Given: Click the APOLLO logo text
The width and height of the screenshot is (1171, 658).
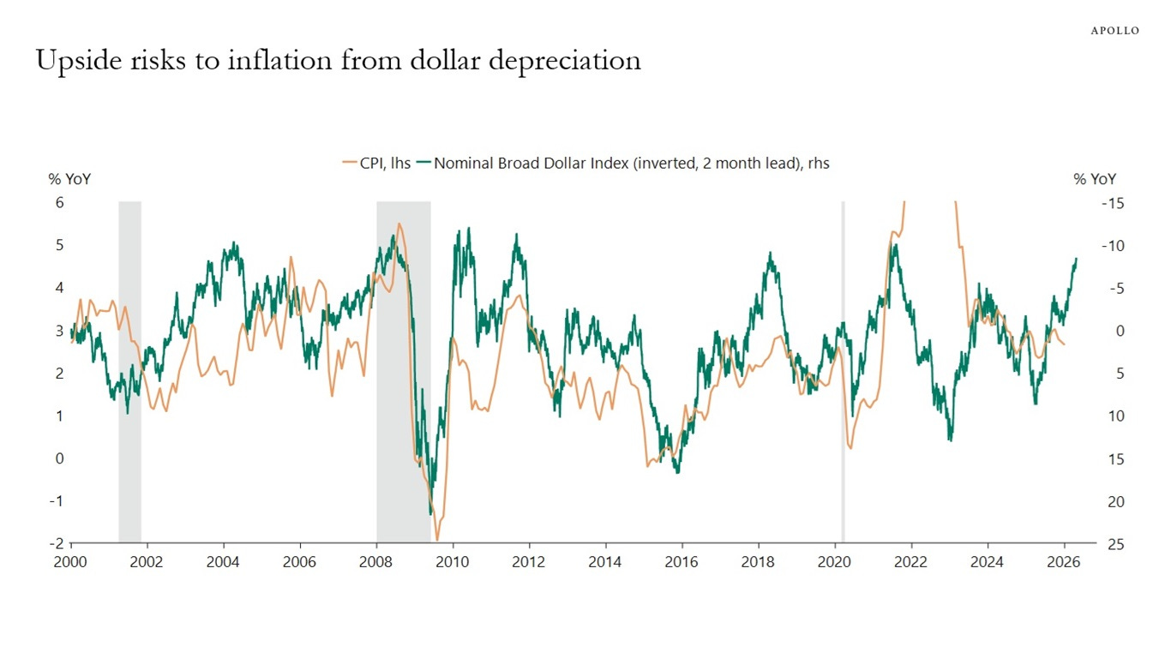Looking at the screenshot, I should point(1114,30).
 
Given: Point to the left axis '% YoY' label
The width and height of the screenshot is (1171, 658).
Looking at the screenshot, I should point(69,179).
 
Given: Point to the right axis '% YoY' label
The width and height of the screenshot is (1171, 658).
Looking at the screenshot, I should point(1095,179).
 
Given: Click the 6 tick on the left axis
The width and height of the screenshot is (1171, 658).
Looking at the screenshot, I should point(59,203).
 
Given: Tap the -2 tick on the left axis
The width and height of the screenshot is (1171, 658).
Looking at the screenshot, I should point(57,544).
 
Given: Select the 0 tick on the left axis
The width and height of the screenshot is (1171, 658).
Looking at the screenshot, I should point(59,458).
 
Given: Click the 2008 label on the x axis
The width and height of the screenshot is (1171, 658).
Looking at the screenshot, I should point(375,563).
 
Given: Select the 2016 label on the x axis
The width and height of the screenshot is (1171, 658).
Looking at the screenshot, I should point(682,563).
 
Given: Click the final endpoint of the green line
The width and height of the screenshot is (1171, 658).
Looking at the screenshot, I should point(1076,259).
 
